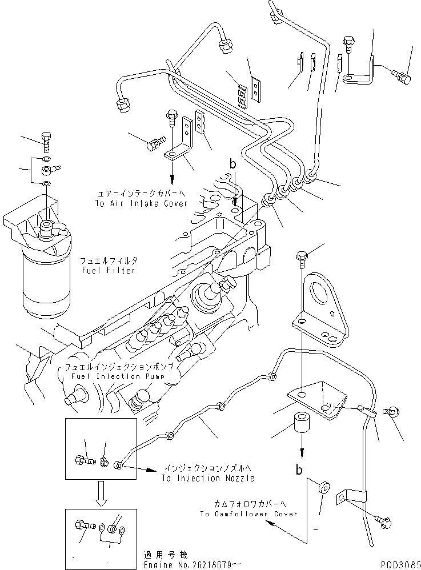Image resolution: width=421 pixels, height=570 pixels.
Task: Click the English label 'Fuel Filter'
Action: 109,270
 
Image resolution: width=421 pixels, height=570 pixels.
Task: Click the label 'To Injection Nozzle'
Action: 207,478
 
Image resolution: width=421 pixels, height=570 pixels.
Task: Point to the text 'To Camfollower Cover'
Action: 248,514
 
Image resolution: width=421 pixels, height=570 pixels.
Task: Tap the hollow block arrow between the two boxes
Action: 101,492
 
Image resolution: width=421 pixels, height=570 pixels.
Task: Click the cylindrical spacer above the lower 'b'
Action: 303,427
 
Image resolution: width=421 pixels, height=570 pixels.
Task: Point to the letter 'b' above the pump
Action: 232,164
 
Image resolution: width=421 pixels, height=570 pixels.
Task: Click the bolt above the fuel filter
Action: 47,138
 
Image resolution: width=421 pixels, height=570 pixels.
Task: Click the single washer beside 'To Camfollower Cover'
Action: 324,487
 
